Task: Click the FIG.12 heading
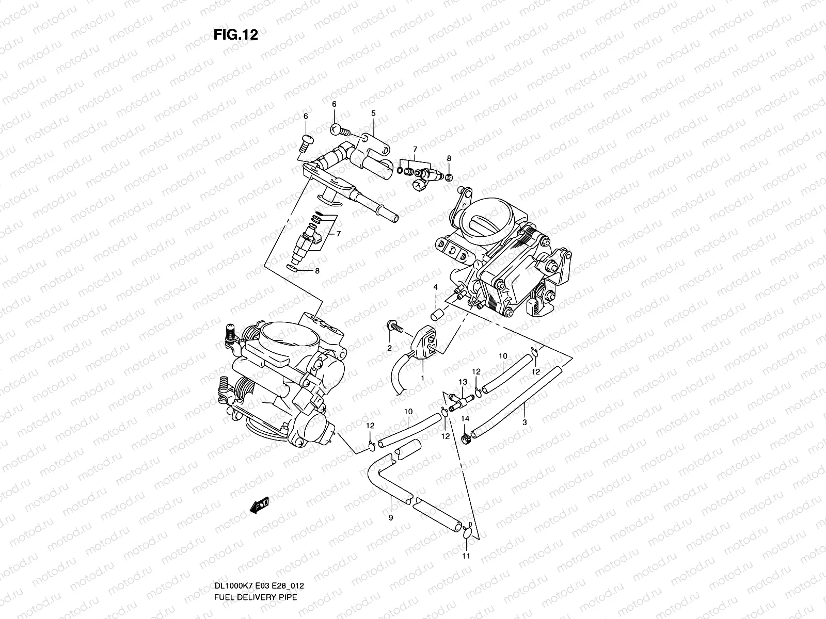tap(236, 35)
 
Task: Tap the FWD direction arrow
tap(260, 505)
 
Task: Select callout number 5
tap(373, 113)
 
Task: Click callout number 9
tap(391, 517)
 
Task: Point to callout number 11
tap(466, 556)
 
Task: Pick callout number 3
tap(525, 422)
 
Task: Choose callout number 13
tap(463, 382)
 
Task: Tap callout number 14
tap(465, 419)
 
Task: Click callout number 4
tap(435, 287)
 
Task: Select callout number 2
tap(389, 348)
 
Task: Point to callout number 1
tap(423, 378)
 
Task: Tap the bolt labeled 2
tap(395, 326)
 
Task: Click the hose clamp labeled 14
tap(466, 438)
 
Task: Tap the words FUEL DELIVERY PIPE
tap(256, 597)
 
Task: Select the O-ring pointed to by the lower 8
tap(292, 268)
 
